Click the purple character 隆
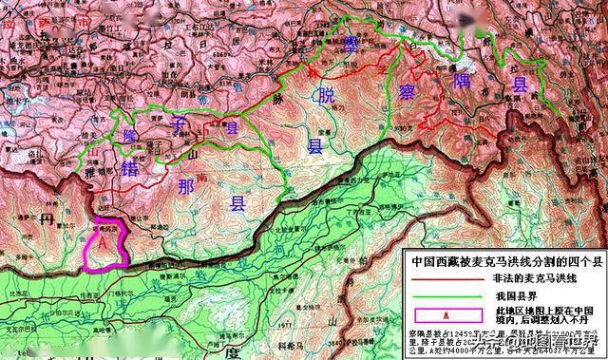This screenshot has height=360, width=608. point(129,136)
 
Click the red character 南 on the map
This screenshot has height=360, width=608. point(202,177)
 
